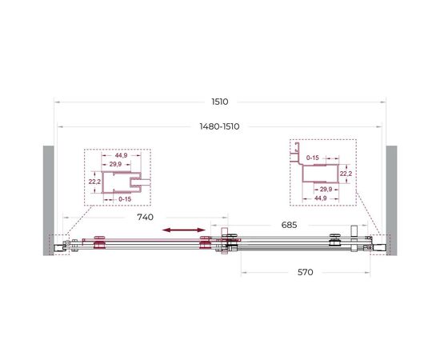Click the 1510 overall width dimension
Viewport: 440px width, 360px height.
click(220, 102)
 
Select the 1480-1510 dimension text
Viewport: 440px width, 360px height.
click(219, 126)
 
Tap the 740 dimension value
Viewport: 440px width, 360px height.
click(145, 217)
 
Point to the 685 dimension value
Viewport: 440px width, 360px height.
click(289, 225)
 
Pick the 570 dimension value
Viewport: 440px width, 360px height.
click(306, 272)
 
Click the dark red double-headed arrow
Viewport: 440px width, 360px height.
click(184, 230)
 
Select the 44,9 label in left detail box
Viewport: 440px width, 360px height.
click(122, 155)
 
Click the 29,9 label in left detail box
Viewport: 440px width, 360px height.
click(115, 164)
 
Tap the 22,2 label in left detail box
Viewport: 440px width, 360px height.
click(94, 182)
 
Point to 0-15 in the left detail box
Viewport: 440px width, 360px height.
click(125, 199)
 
